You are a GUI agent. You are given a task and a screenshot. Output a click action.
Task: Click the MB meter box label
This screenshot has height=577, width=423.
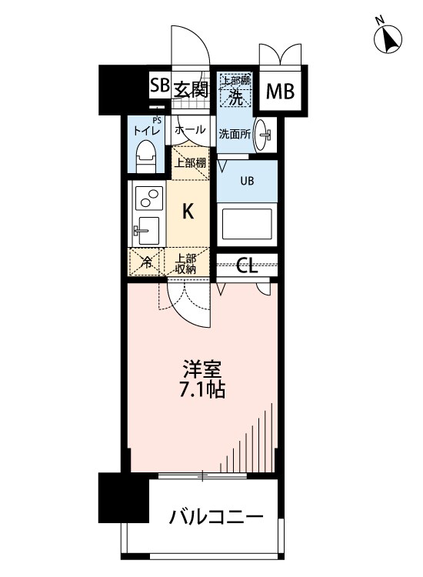(x=280, y=92)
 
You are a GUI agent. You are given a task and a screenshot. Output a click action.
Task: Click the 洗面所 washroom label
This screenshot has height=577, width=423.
(x=233, y=133)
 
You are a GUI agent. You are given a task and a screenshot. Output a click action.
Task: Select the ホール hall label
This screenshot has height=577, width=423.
(x=189, y=131)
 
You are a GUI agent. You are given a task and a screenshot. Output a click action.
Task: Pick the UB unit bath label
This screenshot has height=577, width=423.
(x=248, y=182)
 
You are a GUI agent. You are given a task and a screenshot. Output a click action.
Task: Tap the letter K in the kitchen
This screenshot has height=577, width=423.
(x=188, y=209)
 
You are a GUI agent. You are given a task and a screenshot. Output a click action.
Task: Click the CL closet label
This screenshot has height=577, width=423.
(x=247, y=266)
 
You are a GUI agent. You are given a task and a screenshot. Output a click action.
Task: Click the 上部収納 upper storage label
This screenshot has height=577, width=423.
(x=187, y=263)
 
